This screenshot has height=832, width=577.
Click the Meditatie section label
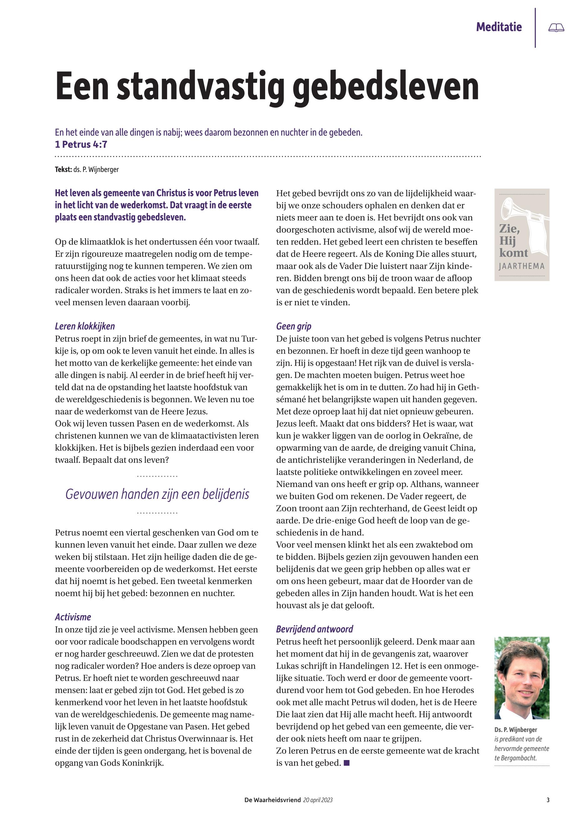(499, 27)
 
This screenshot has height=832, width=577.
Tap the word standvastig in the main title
(200, 88)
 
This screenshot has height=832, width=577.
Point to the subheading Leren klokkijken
(85, 326)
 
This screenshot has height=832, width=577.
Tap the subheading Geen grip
(294, 326)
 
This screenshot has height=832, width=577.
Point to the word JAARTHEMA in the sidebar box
(521, 266)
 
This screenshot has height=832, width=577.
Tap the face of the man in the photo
(521, 677)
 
